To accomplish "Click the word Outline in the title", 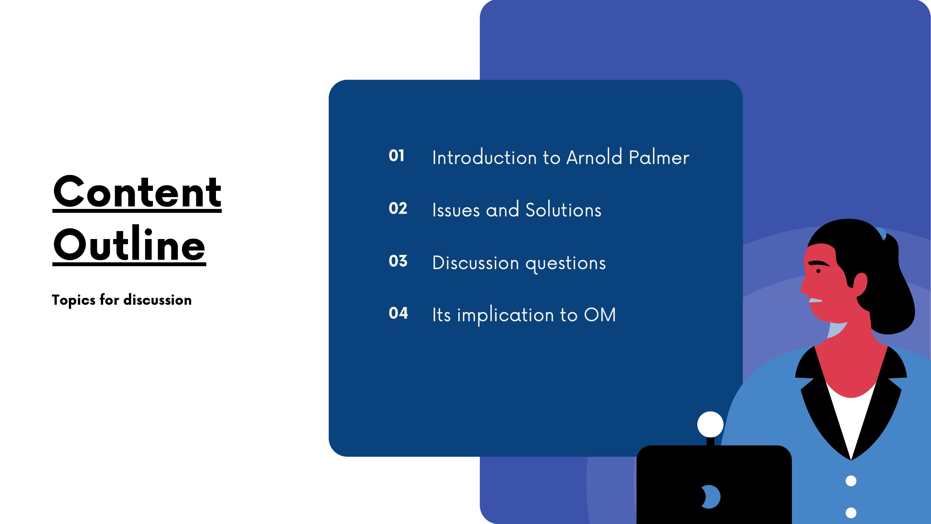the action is click(x=129, y=245).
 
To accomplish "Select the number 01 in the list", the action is click(x=396, y=156).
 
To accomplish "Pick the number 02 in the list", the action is click(x=398, y=208).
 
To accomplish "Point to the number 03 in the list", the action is click(x=398, y=261).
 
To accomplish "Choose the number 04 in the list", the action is click(x=398, y=313).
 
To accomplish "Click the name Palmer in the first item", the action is click(x=659, y=157).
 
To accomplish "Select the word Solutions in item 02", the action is click(x=563, y=210).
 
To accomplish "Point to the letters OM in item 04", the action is click(x=600, y=315).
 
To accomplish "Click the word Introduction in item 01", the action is click(x=484, y=157).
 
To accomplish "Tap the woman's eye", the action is click(x=818, y=271).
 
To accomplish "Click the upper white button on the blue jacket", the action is click(x=851, y=481).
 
